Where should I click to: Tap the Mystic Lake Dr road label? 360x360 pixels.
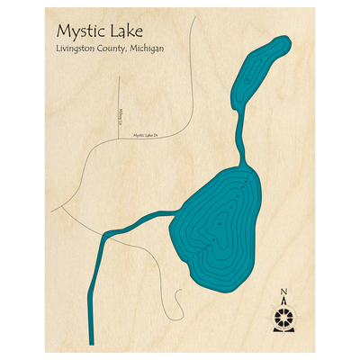tap(145, 135)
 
